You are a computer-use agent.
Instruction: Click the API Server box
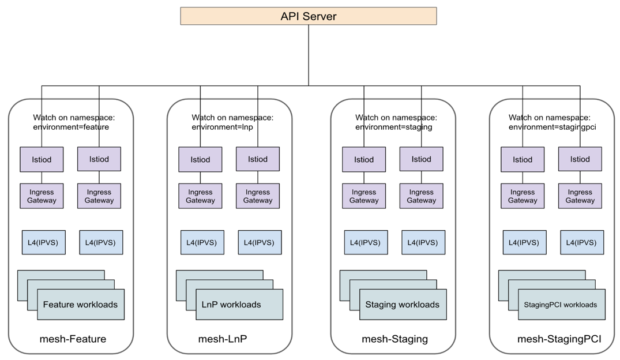tap(308, 16)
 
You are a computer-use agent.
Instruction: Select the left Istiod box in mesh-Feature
tap(42, 159)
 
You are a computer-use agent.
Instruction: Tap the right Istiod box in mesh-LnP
tap(258, 159)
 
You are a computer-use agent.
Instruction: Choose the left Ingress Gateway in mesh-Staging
tap(364, 196)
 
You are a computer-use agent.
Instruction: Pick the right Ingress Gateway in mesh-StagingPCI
tap(580, 196)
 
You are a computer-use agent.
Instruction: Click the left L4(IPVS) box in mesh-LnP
tap(202, 242)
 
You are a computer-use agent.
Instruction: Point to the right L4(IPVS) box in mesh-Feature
tap(101, 242)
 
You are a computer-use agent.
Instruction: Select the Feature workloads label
tap(80, 305)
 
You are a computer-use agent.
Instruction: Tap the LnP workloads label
tap(231, 305)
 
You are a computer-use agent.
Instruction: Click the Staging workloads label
tap(402, 305)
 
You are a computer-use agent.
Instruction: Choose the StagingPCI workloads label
tap(561, 305)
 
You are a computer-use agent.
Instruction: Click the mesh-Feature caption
tap(73, 339)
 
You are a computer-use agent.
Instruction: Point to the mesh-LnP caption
tap(223, 339)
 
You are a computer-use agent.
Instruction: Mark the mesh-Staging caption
tap(394, 339)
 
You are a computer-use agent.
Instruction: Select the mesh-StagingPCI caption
tap(559, 339)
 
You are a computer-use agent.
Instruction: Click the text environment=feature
tap(71, 127)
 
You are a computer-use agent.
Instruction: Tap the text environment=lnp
tap(223, 127)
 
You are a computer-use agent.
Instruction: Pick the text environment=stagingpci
tap(552, 127)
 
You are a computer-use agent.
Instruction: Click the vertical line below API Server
tap(309, 55)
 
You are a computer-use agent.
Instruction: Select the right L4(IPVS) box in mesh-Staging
tap(423, 242)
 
